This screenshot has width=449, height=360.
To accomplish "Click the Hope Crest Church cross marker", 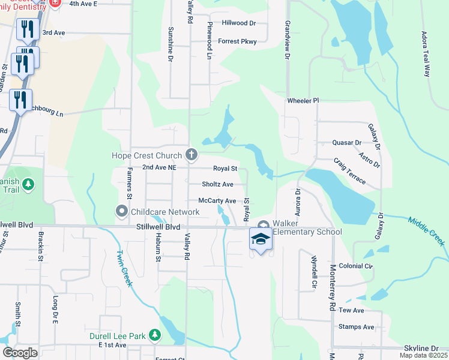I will [x=191, y=155].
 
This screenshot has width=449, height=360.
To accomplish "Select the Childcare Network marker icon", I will [x=122, y=211].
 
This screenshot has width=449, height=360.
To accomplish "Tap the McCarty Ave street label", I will [x=217, y=200].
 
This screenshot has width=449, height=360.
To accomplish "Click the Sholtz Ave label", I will [x=217, y=184].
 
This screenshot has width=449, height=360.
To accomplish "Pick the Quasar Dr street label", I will [x=346, y=143].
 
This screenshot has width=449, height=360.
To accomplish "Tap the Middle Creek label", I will [x=427, y=231].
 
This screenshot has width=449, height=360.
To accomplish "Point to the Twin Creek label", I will [x=124, y=268].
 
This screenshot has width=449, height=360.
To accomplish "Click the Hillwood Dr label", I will [x=239, y=23].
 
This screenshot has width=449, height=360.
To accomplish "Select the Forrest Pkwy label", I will [x=237, y=41].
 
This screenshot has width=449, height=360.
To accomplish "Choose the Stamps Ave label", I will [x=356, y=327].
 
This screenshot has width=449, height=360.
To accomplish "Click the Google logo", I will [x=20, y=353].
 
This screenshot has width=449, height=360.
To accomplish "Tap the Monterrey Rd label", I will [x=331, y=287].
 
